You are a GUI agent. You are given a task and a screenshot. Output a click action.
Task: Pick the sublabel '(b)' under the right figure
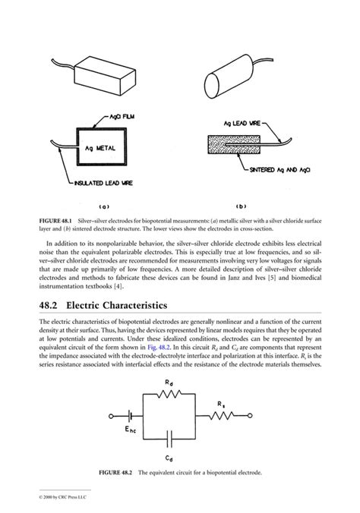[x=242, y=206]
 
